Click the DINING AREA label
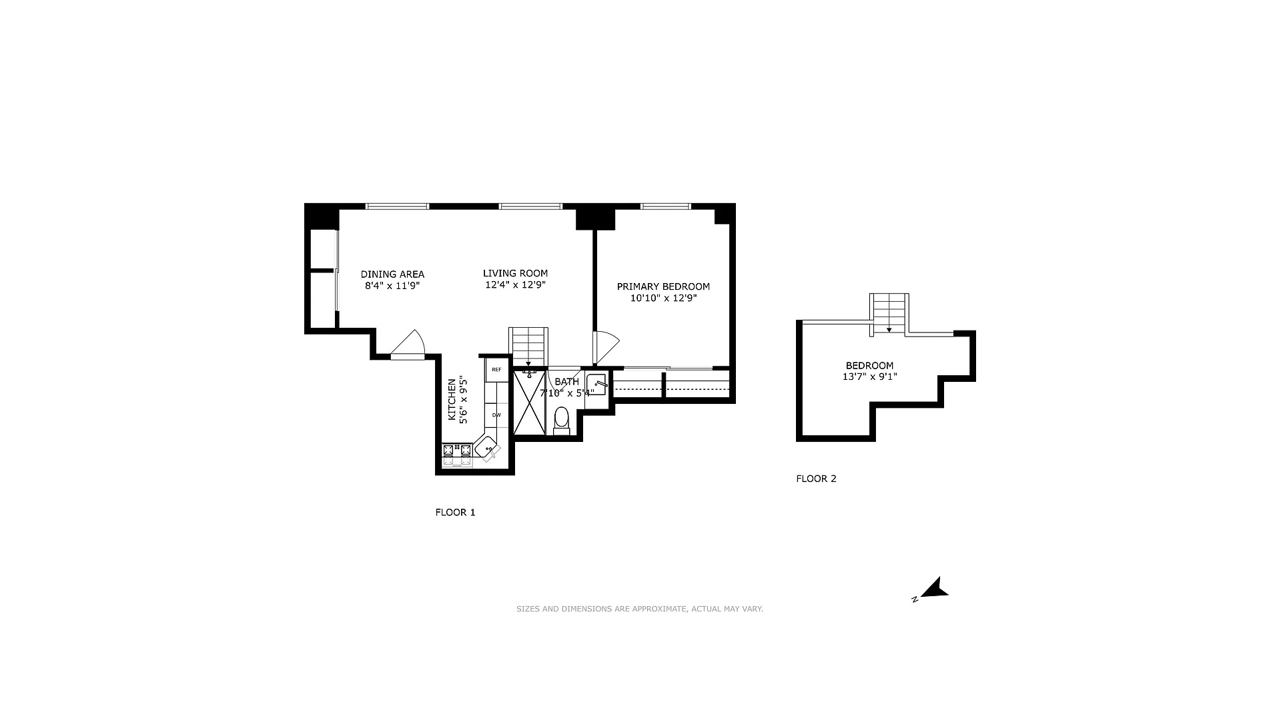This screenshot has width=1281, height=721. tap(392, 274)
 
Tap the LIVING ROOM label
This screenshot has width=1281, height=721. tap(515, 273)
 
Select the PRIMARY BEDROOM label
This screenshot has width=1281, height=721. tap(663, 286)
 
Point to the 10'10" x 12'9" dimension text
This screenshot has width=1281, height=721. tap(663, 298)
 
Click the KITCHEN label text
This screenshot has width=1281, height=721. tap(452, 400)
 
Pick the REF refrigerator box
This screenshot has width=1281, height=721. tap(496, 370)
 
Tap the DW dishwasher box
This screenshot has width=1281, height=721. tap(496, 415)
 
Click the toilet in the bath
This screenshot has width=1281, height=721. tap(562, 420)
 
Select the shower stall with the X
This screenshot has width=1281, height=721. tap(530, 403)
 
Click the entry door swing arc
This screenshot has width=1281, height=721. tap(409, 343)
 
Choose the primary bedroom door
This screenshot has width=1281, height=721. tap(606, 346)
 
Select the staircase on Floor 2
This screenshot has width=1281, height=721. tap(889, 312)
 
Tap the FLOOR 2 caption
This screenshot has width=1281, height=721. tap(816, 479)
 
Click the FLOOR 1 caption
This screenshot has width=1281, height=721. tap(455, 513)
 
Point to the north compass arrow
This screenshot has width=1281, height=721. tap(934, 589)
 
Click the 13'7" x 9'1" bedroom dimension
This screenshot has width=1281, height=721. tap(869, 377)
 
